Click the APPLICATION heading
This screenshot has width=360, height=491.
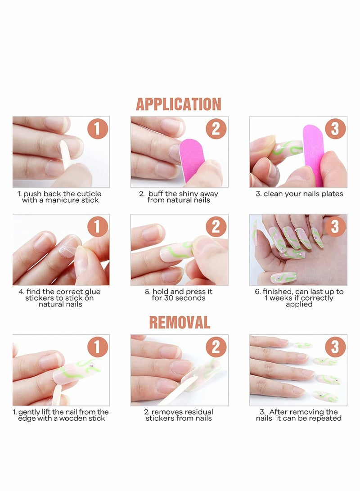pyautogui.click(x=179, y=104)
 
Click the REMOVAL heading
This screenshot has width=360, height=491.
pyautogui.click(x=180, y=322)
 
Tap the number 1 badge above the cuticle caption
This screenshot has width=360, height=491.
pyautogui.click(x=98, y=129)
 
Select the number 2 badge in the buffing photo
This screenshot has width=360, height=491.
pyautogui.click(x=216, y=129)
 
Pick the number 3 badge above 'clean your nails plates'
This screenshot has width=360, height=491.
pyautogui.click(x=335, y=129)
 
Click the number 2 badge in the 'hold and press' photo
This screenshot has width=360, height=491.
pyautogui.click(x=216, y=226)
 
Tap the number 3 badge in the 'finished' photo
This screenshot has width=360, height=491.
pyautogui.click(x=335, y=226)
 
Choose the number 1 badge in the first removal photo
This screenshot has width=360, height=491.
pyautogui.click(x=98, y=347)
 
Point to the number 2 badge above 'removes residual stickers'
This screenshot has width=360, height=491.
pyautogui.click(x=216, y=347)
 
